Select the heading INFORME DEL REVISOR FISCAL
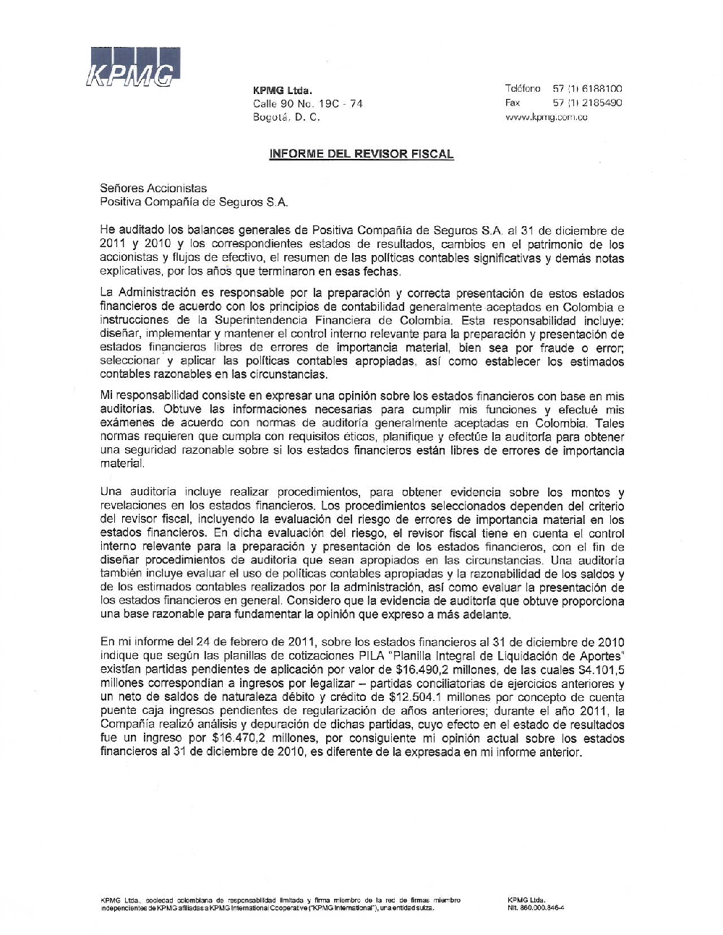361,154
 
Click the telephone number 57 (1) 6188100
587,89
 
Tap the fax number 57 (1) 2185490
587,103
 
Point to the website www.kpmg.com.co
546,117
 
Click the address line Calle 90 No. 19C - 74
308,103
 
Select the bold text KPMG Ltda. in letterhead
282,90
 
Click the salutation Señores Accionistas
153,189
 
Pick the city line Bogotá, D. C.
286,117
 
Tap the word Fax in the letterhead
513,103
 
